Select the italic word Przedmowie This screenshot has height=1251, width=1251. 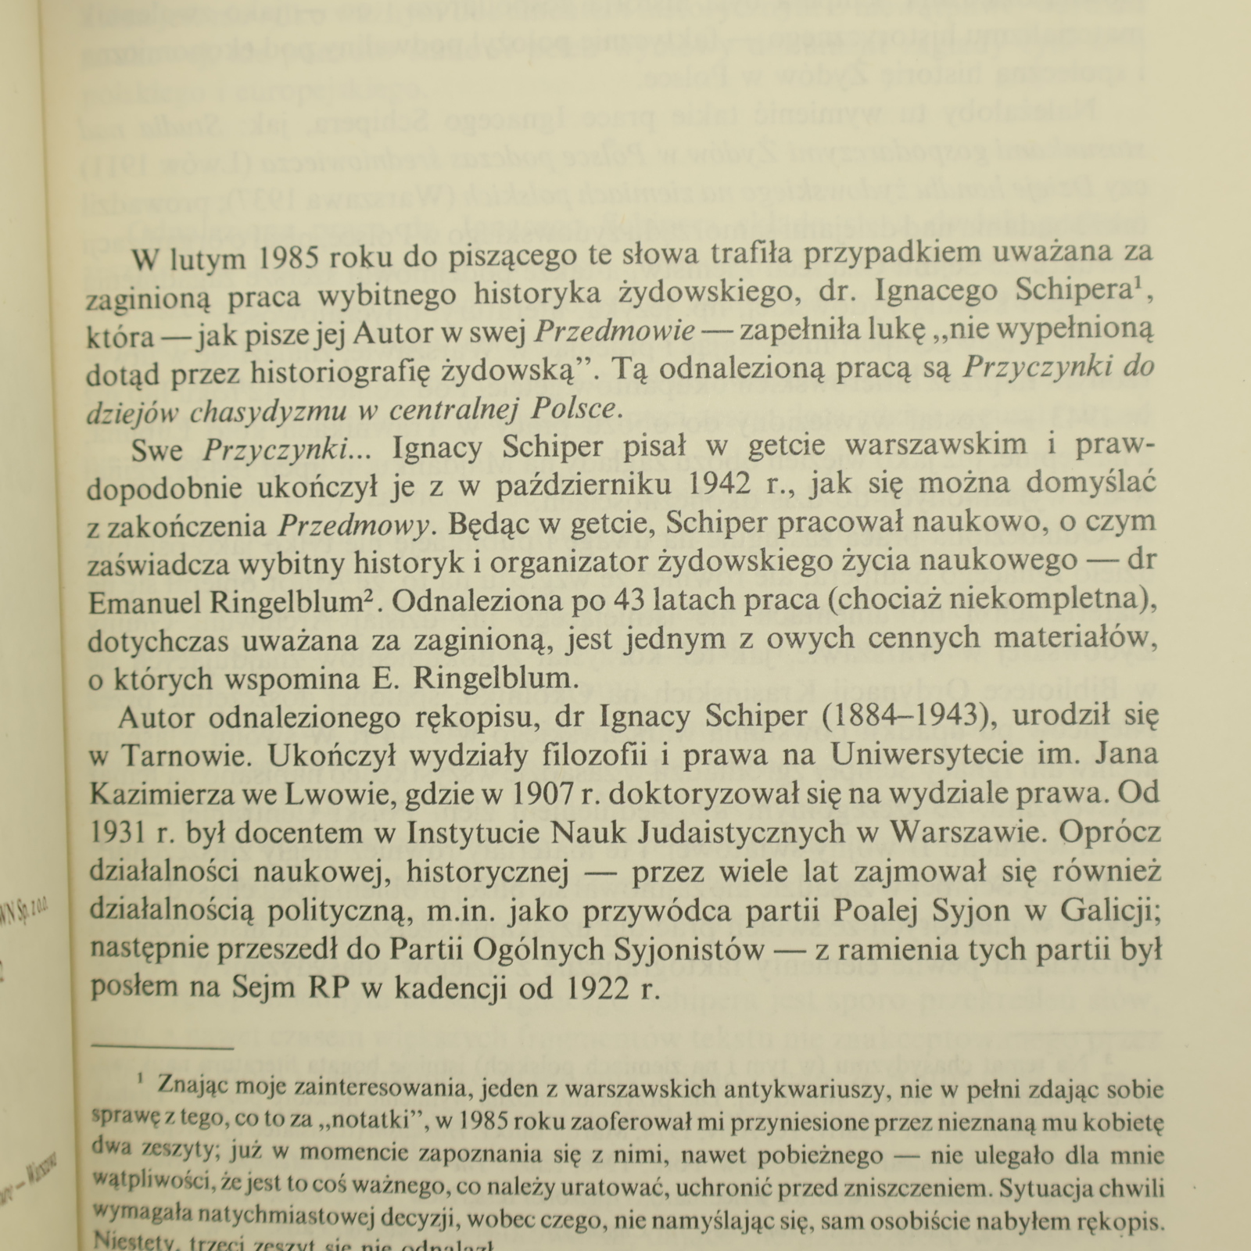point(615,332)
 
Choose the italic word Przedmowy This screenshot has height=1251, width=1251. point(353,526)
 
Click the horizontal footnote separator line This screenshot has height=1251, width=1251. point(163,1046)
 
